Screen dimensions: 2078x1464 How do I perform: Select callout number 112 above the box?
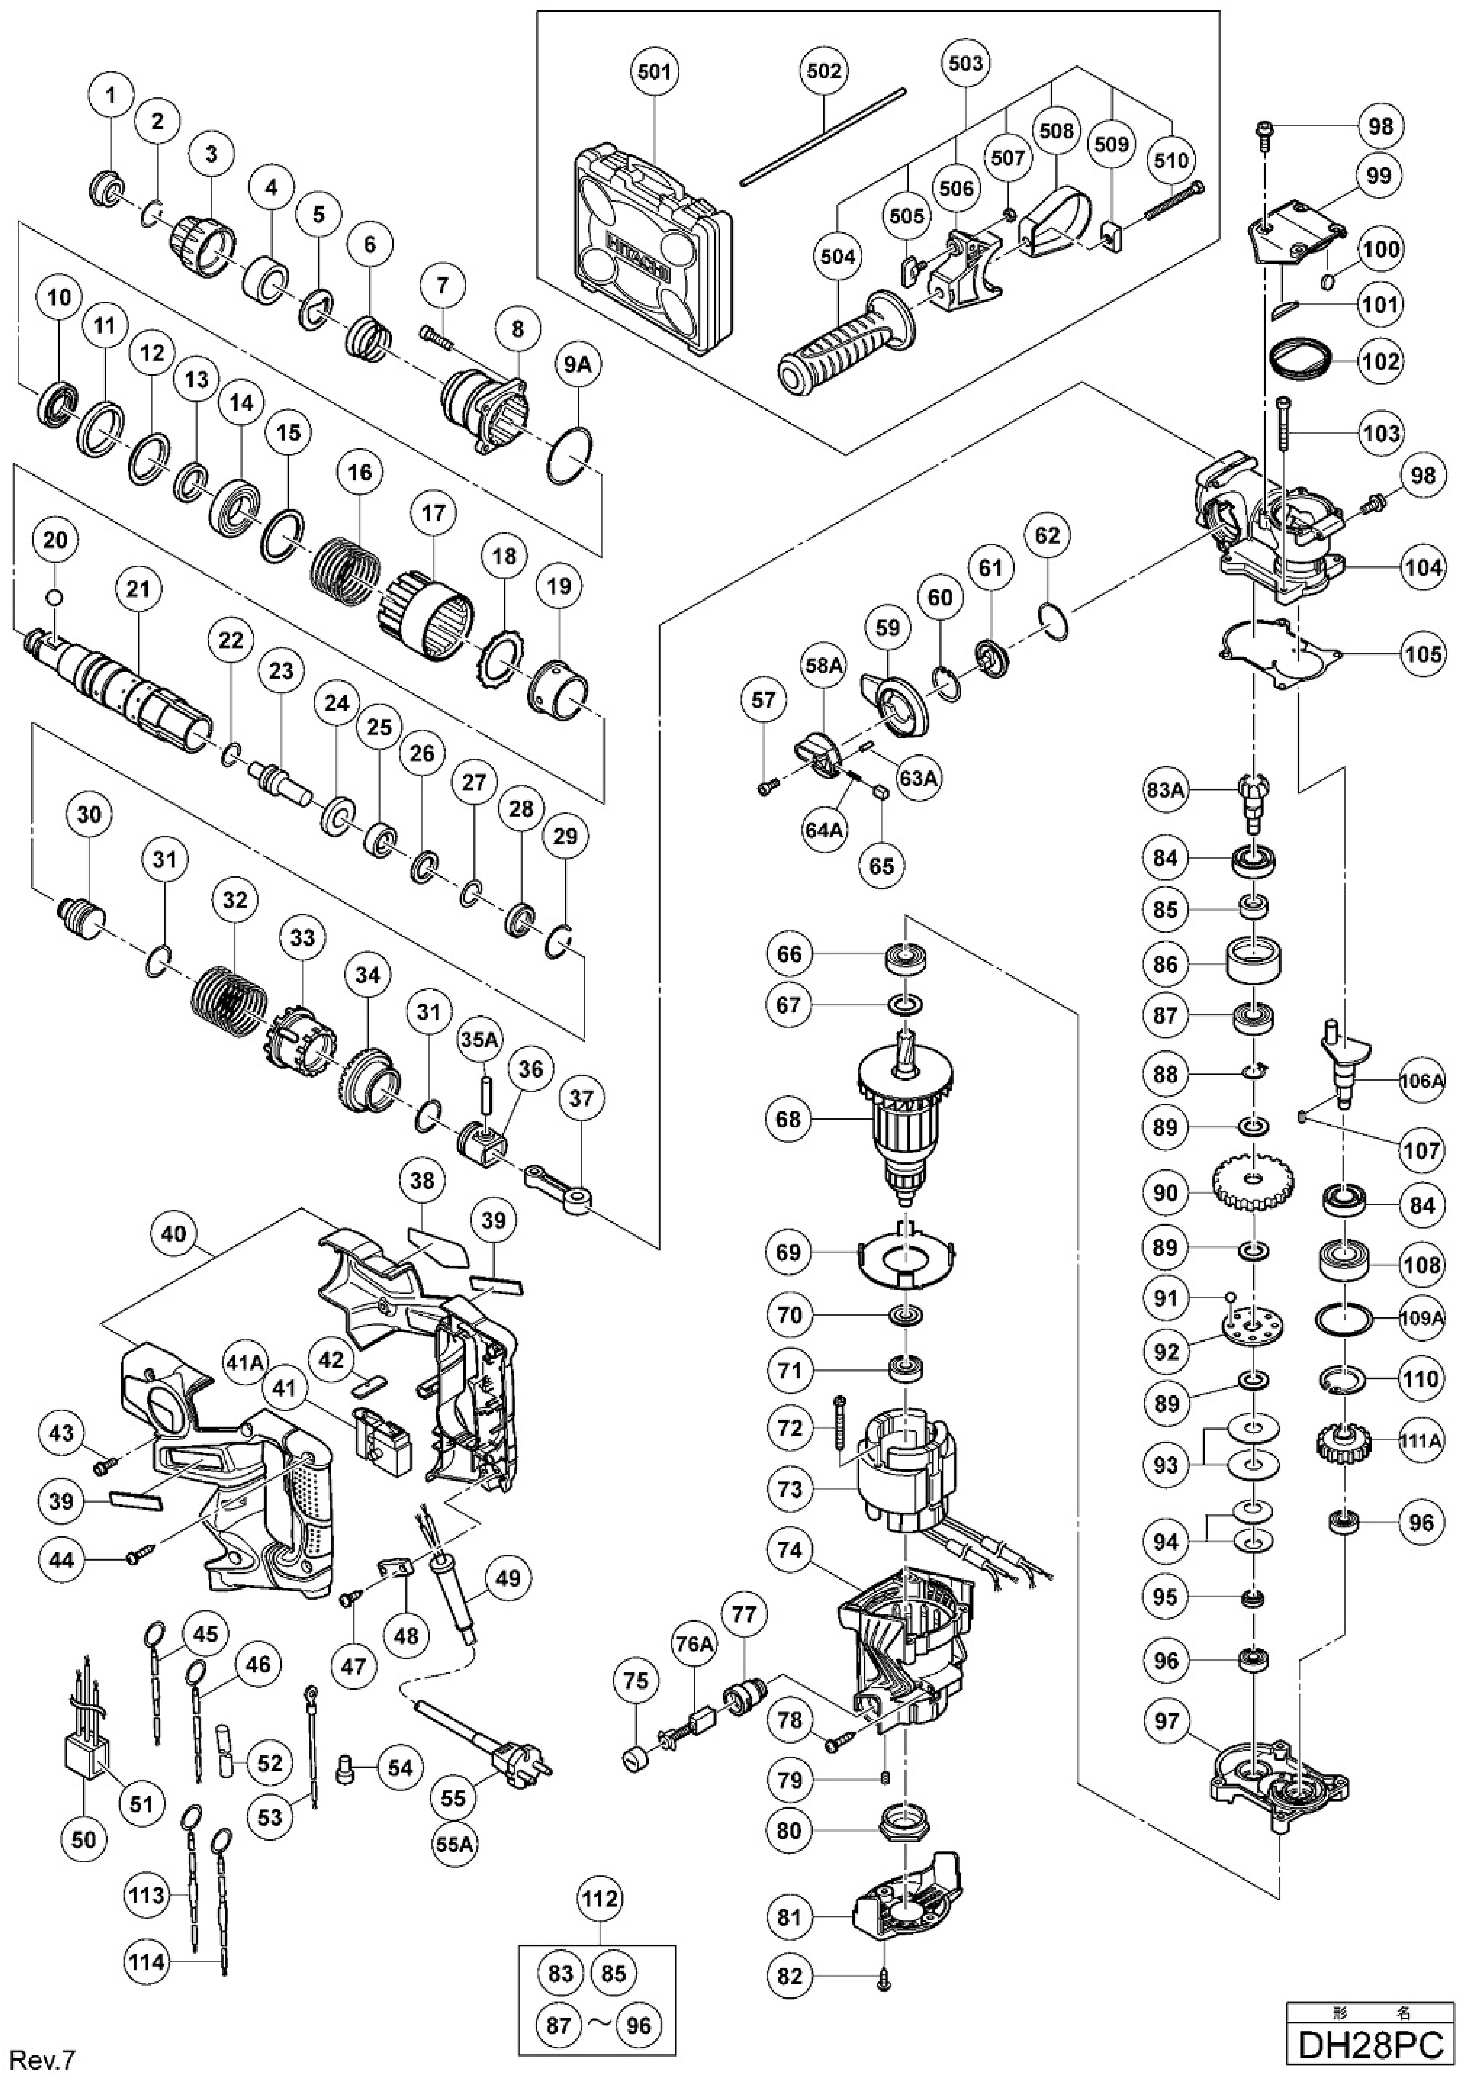tap(600, 1898)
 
